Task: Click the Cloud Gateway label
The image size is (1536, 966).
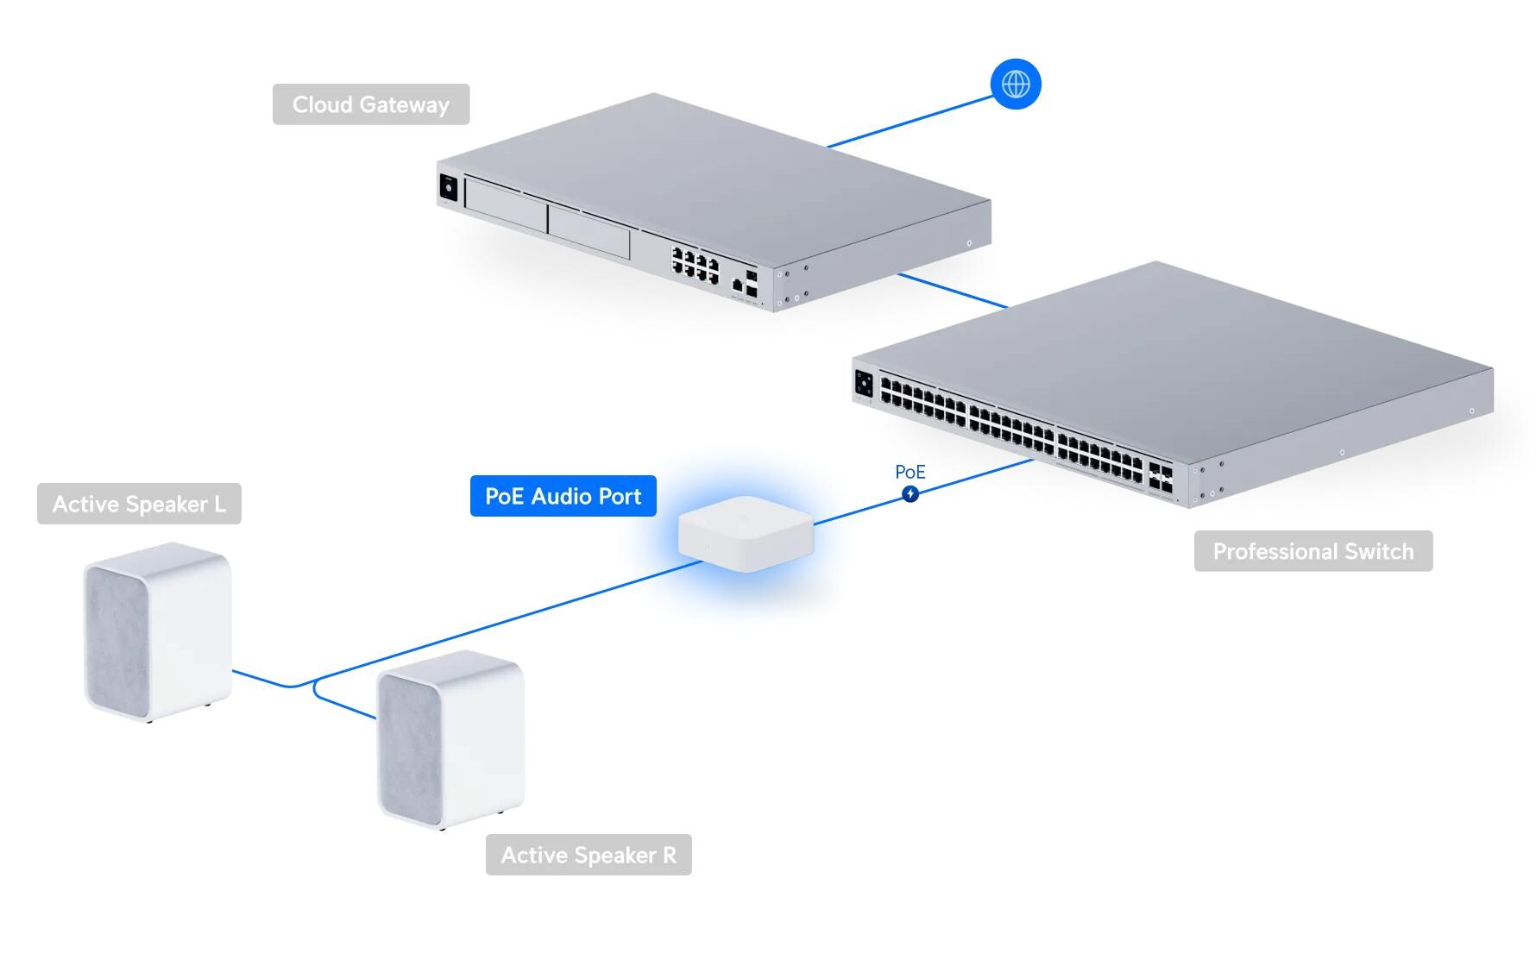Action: tap(371, 104)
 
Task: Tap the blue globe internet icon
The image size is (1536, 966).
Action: tap(1016, 85)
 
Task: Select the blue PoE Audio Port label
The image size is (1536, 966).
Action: tap(563, 496)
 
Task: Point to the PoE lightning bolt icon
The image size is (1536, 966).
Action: tap(910, 494)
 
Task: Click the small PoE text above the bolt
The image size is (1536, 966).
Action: tap(910, 472)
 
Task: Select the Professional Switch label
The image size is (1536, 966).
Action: tap(1313, 551)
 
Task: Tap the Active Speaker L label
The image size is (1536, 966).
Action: tap(139, 504)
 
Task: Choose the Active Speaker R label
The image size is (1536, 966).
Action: tap(589, 855)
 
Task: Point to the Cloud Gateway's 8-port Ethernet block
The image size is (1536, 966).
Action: tap(696, 265)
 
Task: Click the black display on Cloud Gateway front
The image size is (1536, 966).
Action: tap(448, 187)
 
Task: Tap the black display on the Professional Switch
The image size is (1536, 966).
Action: tap(864, 384)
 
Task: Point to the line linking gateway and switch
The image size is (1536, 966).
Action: tap(952, 291)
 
